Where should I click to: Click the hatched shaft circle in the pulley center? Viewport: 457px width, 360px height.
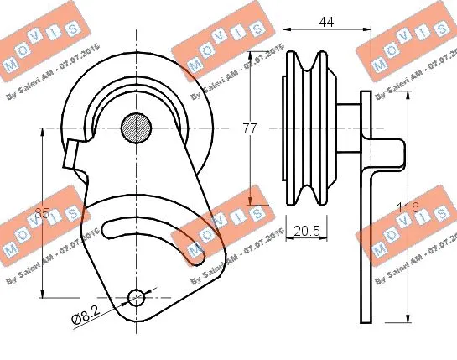pos(136,128)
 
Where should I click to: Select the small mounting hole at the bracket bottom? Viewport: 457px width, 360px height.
pos(136,295)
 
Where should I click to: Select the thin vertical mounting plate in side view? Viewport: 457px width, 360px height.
pos(366,210)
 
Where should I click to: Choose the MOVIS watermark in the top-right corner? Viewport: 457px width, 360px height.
pos(407,42)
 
